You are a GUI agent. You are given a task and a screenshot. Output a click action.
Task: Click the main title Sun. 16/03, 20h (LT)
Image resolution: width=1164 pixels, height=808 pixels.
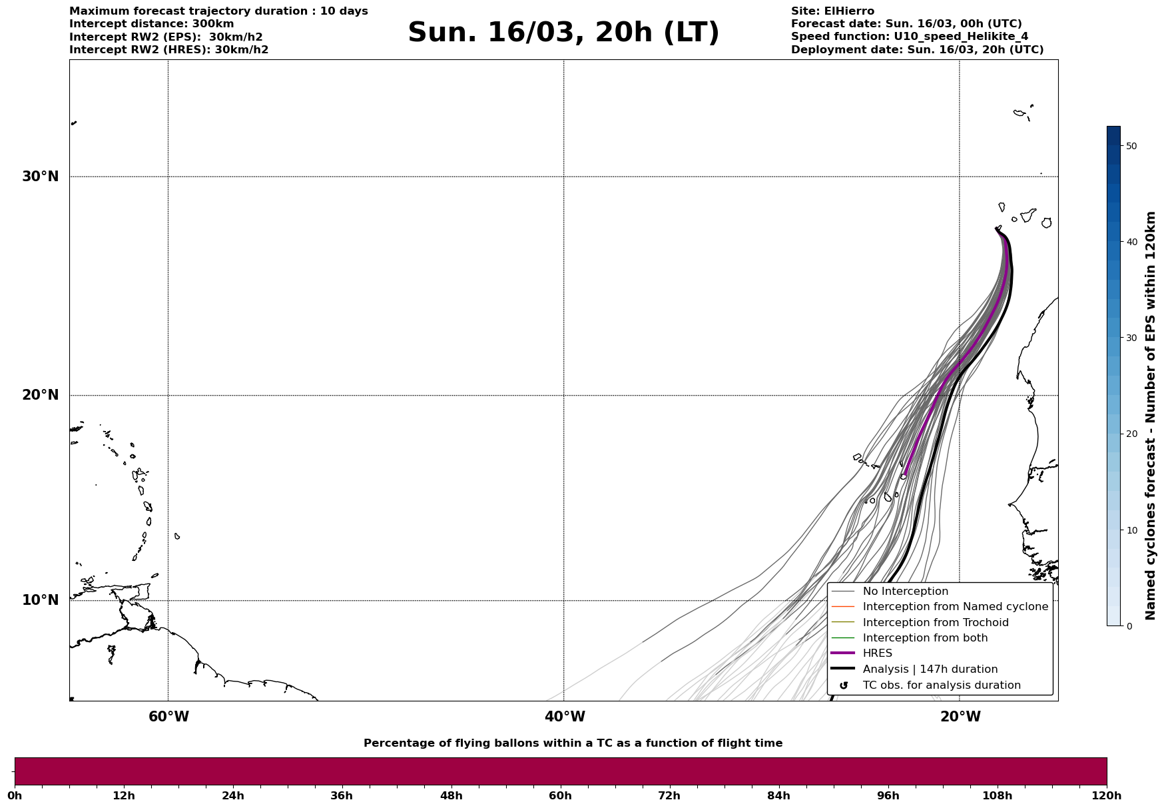pos(563,33)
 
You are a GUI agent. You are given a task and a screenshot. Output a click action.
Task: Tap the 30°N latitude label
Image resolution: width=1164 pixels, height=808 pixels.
pos(40,177)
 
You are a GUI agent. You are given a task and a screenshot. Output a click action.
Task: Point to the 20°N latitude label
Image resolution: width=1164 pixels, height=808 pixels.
pos(40,395)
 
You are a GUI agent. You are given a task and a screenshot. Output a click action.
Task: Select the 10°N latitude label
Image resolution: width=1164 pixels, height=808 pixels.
pos(40,600)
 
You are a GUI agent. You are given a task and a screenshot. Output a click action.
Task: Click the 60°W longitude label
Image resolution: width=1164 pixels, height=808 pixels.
pos(168,717)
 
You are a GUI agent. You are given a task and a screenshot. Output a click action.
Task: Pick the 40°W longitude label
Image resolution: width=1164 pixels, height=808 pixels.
pos(565,717)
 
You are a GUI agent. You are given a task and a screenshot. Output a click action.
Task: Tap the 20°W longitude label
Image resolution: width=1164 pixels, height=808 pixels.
pos(960,717)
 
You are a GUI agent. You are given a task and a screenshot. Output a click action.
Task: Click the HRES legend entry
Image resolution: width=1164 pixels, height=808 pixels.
pos(877,653)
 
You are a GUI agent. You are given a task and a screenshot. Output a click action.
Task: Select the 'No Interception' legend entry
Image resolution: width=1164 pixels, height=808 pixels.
pos(905,592)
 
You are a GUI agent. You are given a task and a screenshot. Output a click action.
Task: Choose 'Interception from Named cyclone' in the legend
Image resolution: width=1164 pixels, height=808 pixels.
pos(955,607)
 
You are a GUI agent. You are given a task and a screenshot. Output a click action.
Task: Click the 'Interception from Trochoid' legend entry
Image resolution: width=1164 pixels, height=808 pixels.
pos(935,623)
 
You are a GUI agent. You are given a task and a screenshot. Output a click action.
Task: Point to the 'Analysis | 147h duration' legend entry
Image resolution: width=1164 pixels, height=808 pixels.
pos(930,669)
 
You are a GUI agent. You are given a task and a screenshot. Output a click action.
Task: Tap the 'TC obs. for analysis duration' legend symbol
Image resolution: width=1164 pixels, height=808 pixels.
pos(844,685)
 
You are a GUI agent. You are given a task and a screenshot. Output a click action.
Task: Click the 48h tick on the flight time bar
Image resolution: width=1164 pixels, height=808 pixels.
pos(451,796)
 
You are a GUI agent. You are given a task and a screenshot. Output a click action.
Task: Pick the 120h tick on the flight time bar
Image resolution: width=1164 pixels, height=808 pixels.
pos(1107,796)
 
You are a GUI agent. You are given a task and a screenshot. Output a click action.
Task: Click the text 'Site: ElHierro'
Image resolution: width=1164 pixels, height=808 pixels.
pos(832,11)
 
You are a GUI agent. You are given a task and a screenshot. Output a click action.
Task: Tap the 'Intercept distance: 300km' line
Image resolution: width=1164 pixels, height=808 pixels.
pos(151,24)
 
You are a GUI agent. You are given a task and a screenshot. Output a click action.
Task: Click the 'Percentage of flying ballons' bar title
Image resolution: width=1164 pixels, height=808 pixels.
pos(573,743)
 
